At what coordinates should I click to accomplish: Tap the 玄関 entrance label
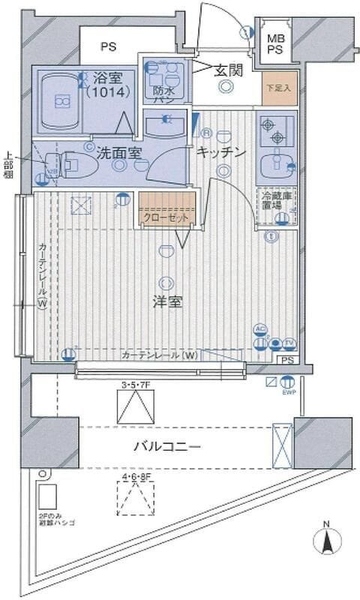pyautogui.click(x=228, y=71)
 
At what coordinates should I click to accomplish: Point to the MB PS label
pyautogui.click(x=275, y=44)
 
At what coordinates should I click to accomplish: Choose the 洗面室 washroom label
pyautogui.click(x=118, y=151)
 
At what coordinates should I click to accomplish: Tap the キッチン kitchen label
pyautogui.click(x=221, y=152)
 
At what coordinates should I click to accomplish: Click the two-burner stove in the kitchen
pyautogui.click(x=274, y=131)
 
